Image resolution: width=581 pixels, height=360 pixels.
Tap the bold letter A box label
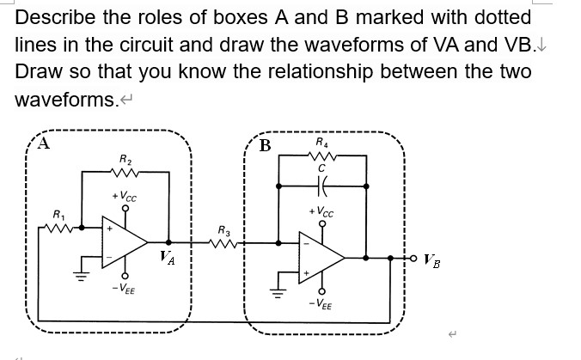point(41,144)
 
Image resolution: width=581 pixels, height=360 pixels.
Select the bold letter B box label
point(265,145)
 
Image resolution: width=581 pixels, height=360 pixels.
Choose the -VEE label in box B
point(322,306)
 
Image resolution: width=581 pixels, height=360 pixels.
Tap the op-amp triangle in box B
point(319,257)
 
